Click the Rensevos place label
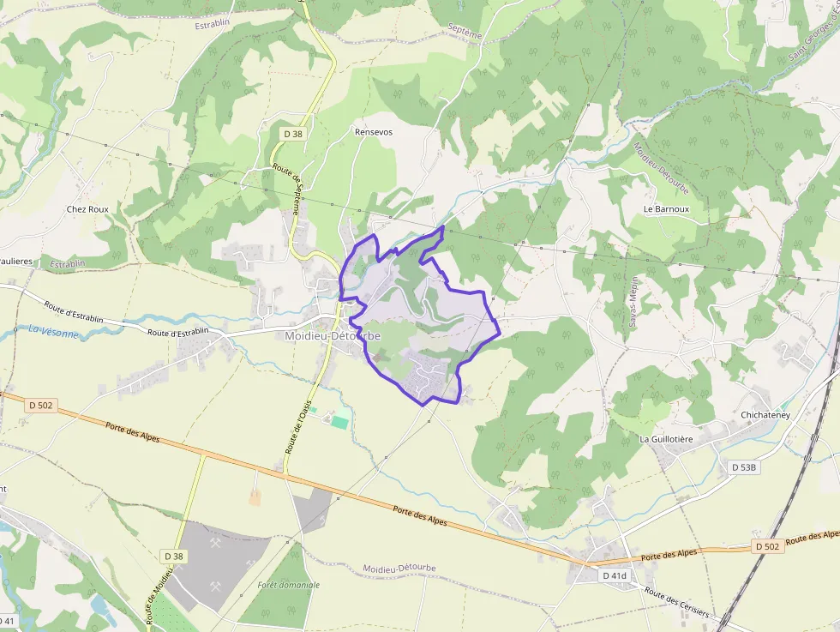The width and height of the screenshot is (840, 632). pos(374,132)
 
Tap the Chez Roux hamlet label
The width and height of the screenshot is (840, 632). pos(87,208)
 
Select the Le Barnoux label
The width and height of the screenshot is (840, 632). pos(666,208)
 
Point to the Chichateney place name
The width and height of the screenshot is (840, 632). pos(765,415)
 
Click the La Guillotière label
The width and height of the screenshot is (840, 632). pos(666,438)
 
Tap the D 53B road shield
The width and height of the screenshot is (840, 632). pos(745,467)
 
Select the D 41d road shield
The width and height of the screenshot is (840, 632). pos(615,575)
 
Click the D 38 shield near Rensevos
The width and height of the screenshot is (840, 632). pos(293,133)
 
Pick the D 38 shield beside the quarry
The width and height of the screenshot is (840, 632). pos(174,557)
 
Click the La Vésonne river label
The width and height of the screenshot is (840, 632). pos(53,331)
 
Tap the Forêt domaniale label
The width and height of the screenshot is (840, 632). pos(288,585)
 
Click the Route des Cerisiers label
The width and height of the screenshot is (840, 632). pos(677,603)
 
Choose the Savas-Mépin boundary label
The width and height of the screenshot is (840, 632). pos(633,302)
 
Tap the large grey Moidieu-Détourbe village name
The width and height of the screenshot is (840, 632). pos(333,336)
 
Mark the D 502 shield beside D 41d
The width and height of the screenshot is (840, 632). pos(769,546)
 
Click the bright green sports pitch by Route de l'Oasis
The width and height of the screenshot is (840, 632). pos(340,422)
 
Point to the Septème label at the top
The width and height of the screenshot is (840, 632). pos(465,32)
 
